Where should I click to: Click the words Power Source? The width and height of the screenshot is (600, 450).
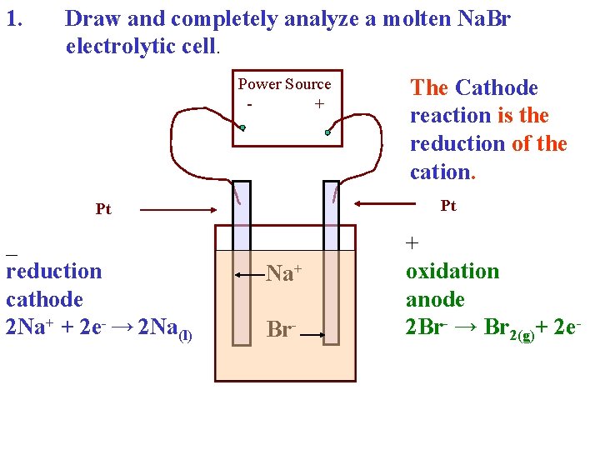[x=284, y=84]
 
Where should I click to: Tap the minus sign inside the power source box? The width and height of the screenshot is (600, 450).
[x=250, y=105]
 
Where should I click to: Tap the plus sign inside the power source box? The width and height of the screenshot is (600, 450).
[x=318, y=104]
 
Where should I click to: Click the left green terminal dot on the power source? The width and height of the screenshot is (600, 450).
[x=242, y=128]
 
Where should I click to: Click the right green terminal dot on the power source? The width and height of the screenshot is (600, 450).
[x=328, y=132]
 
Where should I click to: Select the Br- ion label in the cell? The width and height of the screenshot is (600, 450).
[x=280, y=328]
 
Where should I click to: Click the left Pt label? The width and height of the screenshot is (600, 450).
[x=103, y=209]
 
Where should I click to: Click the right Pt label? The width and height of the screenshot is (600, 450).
[x=448, y=206]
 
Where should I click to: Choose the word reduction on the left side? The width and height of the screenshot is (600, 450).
[x=53, y=271]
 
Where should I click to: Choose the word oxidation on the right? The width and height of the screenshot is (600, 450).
[x=452, y=271]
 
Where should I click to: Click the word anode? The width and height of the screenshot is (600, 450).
[x=435, y=299]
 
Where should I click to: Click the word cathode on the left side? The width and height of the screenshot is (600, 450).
[x=44, y=299]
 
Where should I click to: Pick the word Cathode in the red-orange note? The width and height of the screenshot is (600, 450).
[x=497, y=87]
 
